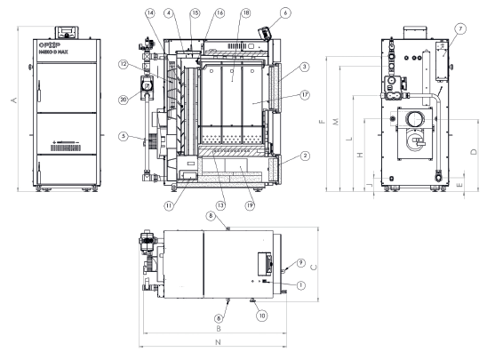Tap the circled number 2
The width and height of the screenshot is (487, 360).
click(x=304, y=156)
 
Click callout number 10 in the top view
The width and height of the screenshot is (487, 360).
click(x=261, y=314)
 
